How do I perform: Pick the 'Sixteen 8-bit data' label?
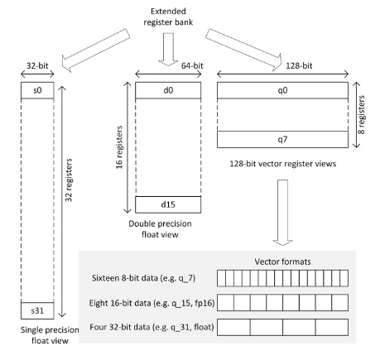coord(145,276)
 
